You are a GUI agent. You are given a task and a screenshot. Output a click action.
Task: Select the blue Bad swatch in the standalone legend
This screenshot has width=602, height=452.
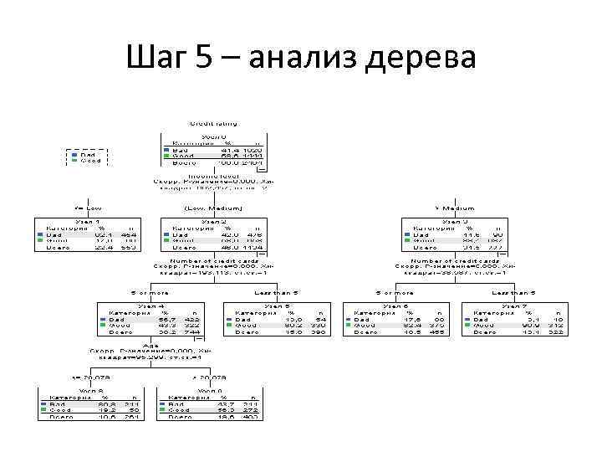[74, 154]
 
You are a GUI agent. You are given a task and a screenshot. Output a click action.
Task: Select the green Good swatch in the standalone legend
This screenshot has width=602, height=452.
[74, 161]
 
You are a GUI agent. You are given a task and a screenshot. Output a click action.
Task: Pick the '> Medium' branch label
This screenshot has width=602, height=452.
[454, 208]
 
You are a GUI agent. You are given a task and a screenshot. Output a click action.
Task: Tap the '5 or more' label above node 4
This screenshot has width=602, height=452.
[150, 293]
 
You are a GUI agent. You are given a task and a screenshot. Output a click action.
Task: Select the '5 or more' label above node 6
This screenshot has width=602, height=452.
[395, 293]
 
